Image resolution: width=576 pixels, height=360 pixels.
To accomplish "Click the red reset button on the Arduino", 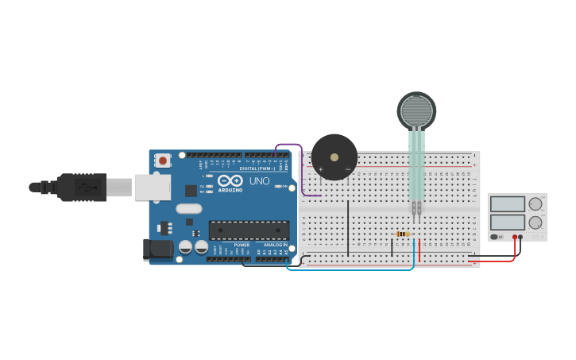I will point(163,161).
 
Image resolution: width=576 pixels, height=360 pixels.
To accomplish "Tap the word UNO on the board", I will point(260,181).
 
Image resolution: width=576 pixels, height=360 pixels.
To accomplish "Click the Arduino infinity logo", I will point(230,180).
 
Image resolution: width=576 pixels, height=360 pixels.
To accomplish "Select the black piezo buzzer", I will point(334,157).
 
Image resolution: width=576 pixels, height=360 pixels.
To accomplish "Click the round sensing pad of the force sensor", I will point(416,111).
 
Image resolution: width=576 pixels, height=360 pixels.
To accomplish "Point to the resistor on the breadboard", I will point(403,234).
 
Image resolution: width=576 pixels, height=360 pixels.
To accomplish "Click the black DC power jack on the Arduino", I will point(157,250).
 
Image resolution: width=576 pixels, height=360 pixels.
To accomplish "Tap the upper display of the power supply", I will point(508,204).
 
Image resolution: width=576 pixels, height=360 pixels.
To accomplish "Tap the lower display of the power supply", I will point(508,223).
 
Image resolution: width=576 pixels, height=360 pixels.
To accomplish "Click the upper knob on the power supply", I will point(535,204).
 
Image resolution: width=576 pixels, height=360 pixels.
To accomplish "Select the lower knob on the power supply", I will point(535,223).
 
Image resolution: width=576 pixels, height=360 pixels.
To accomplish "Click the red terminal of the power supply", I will point(515,237).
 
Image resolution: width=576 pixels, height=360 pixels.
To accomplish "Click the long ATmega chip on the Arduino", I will point(249,230).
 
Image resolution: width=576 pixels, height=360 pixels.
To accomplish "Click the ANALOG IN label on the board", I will point(275,245).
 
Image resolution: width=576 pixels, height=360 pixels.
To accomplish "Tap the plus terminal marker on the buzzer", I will point(321,168).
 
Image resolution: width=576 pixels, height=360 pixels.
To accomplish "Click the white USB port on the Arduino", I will point(152,188).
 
